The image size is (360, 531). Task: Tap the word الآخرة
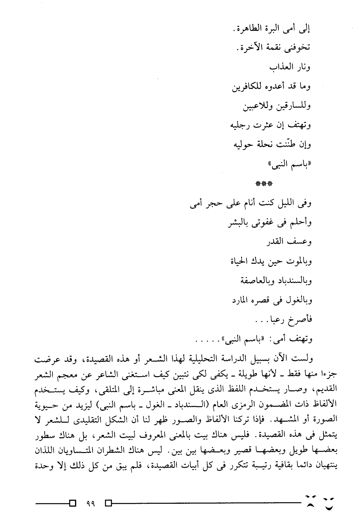(x=250, y=48)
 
